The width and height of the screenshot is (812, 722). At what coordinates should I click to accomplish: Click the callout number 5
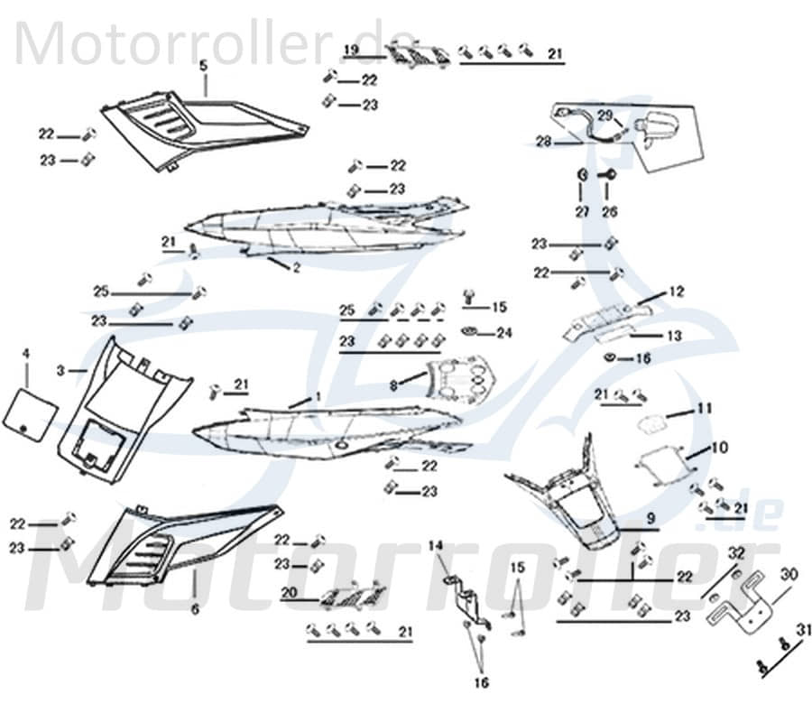click(203, 65)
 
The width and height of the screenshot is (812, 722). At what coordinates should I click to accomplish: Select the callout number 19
click(352, 48)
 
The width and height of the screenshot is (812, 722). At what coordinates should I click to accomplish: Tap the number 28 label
click(543, 142)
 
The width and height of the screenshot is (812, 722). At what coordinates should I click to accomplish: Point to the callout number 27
click(582, 211)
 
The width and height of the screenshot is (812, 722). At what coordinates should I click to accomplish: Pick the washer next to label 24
click(472, 332)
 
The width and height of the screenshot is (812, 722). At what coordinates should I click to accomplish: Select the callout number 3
click(60, 370)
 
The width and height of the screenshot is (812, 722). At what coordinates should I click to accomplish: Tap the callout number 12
click(677, 292)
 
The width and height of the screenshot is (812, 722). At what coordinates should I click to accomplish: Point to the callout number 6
click(195, 609)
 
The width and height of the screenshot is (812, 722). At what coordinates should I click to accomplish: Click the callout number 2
click(296, 268)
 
